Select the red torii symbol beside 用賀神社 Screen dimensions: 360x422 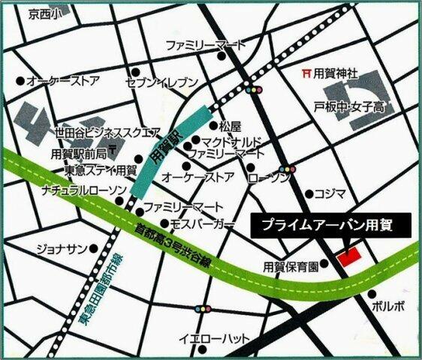coord(305,73)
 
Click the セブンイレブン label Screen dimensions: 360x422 coord(162,82)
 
